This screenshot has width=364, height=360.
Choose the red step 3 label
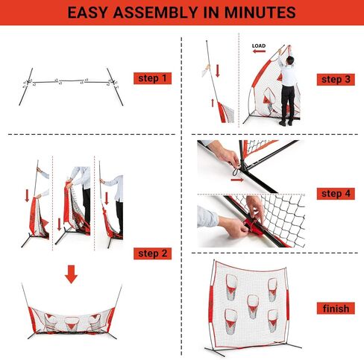coord(336,79)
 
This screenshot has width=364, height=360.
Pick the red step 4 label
coord(336,194)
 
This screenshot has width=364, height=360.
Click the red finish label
coord(336,308)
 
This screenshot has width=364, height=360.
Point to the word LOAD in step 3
coord(259,45)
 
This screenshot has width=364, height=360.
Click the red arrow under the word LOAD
coord(259,53)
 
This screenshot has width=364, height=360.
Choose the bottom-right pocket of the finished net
coord(272,316)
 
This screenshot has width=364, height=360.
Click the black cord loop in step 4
coord(238,177)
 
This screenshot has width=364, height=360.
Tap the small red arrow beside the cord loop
coord(237,165)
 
